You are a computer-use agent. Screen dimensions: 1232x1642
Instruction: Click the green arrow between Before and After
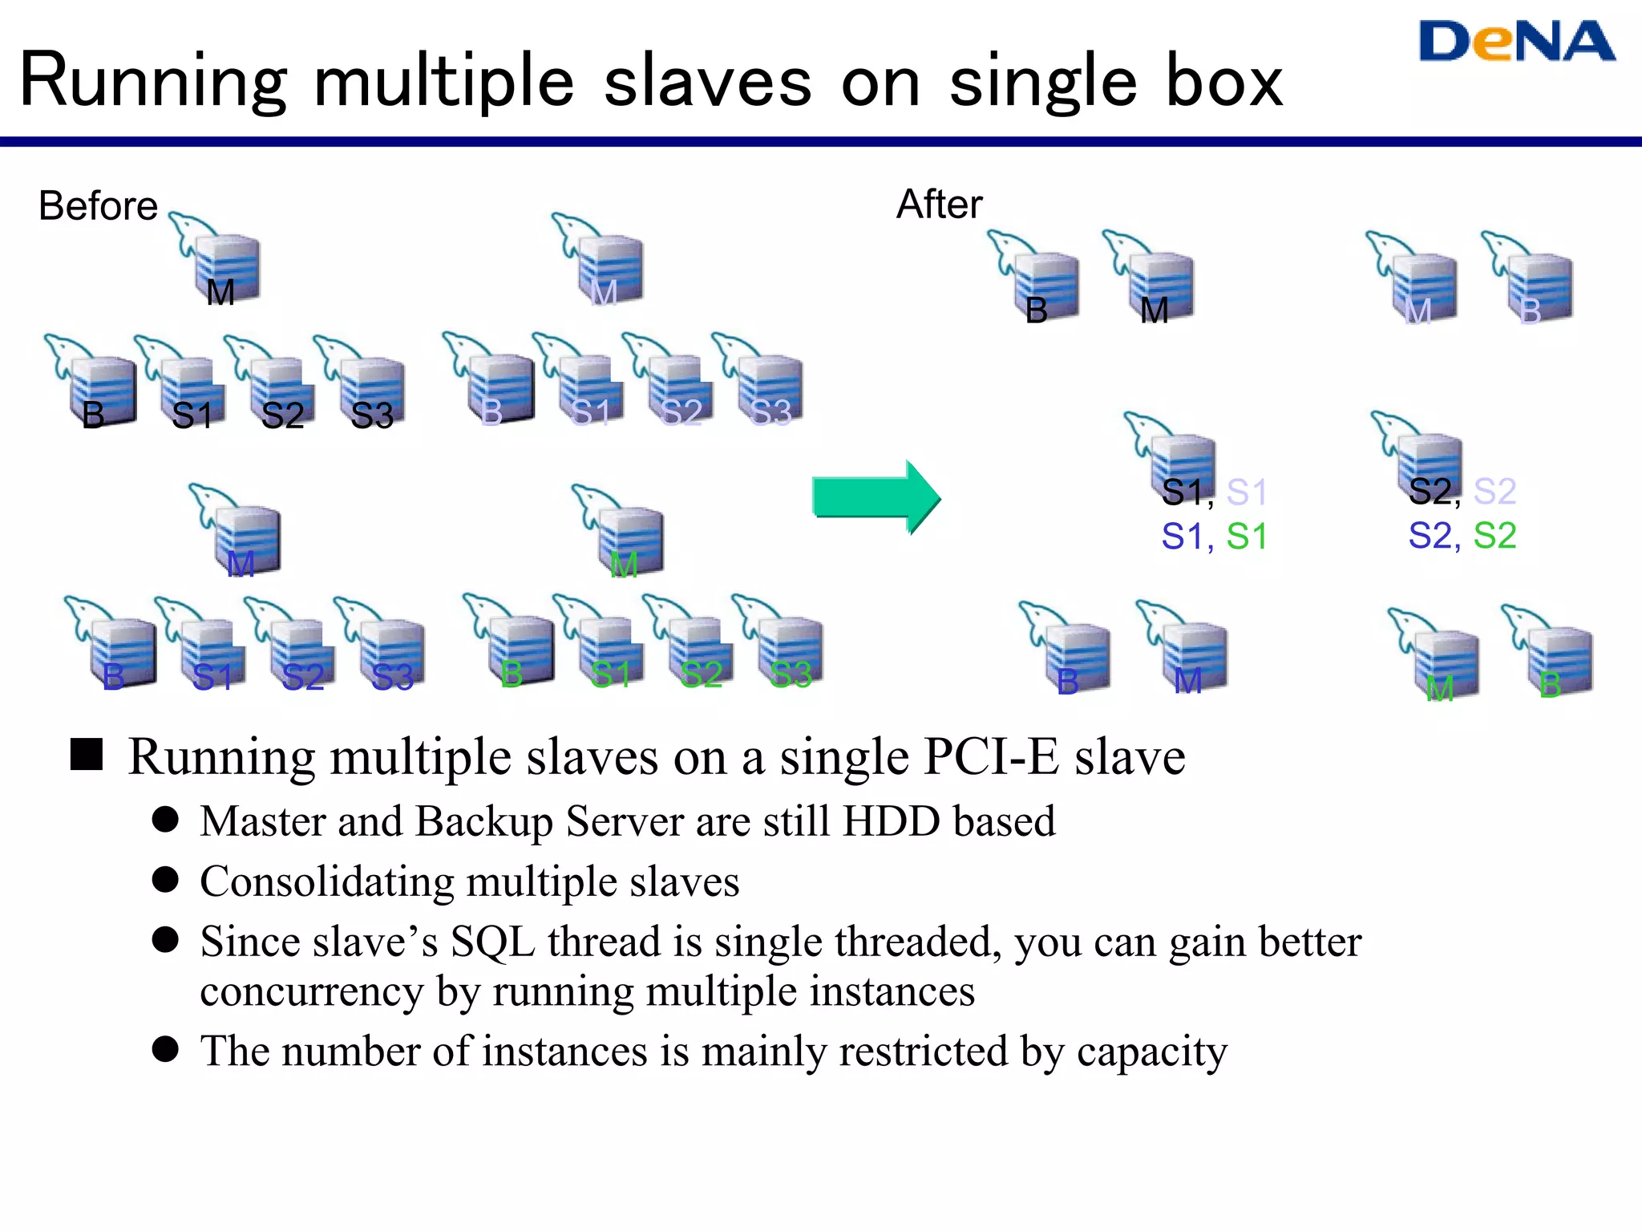[876, 497]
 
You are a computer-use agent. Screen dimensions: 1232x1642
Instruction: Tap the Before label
[98, 206]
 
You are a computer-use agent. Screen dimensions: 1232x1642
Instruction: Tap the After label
[939, 205]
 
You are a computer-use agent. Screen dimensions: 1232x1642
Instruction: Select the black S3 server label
[372, 415]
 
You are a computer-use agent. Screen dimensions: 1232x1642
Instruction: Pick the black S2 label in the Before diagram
[282, 415]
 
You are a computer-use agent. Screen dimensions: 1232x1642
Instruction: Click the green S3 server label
[791, 675]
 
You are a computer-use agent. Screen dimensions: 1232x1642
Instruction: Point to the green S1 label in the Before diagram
[611, 675]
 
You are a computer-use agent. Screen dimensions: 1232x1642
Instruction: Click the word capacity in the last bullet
[1151, 1052]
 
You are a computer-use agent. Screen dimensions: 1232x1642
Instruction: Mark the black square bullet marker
[87, 755]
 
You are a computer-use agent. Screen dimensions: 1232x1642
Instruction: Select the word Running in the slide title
[152, 81]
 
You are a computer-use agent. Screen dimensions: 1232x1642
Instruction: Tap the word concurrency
[311, 992]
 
